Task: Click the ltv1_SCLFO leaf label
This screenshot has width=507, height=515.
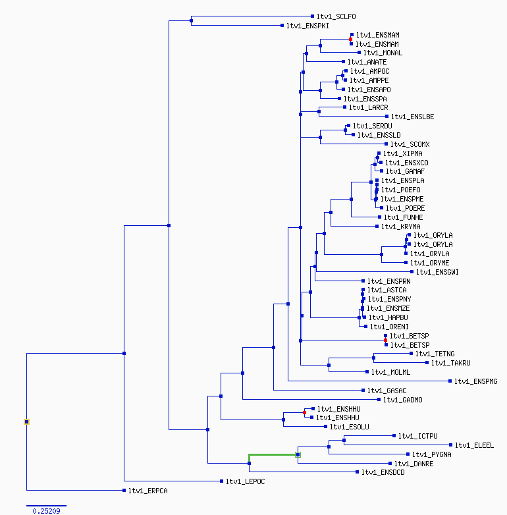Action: point(336,16)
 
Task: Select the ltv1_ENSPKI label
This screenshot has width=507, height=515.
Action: point(307,26)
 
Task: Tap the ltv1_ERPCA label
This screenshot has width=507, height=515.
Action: point(147,491)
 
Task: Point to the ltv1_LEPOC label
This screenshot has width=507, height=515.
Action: point(246,481)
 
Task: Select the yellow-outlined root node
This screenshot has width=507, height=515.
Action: point(26,421)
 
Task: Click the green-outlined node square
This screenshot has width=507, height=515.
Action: point(298,454)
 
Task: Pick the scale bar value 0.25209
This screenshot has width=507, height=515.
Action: point(46,511)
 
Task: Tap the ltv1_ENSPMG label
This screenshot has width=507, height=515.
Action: point(476,381)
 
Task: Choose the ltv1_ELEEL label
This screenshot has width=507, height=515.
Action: point(474,445)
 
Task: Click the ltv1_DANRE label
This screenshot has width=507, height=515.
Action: point(414,464)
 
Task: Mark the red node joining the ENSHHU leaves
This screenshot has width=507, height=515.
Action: point(304,412)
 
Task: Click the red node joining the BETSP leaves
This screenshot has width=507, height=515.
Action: point(385,340)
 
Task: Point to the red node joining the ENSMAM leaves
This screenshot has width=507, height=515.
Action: point(351,39)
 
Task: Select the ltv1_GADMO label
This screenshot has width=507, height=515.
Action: point(402,400)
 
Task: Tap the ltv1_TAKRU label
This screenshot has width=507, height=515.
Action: point(451,363)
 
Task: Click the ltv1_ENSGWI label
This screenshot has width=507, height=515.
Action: point(437,272)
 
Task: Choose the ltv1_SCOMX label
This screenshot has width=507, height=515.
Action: point(410,144)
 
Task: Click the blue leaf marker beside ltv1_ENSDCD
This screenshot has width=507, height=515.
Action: point(358,472)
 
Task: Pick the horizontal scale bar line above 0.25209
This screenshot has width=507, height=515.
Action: point(46,506)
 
